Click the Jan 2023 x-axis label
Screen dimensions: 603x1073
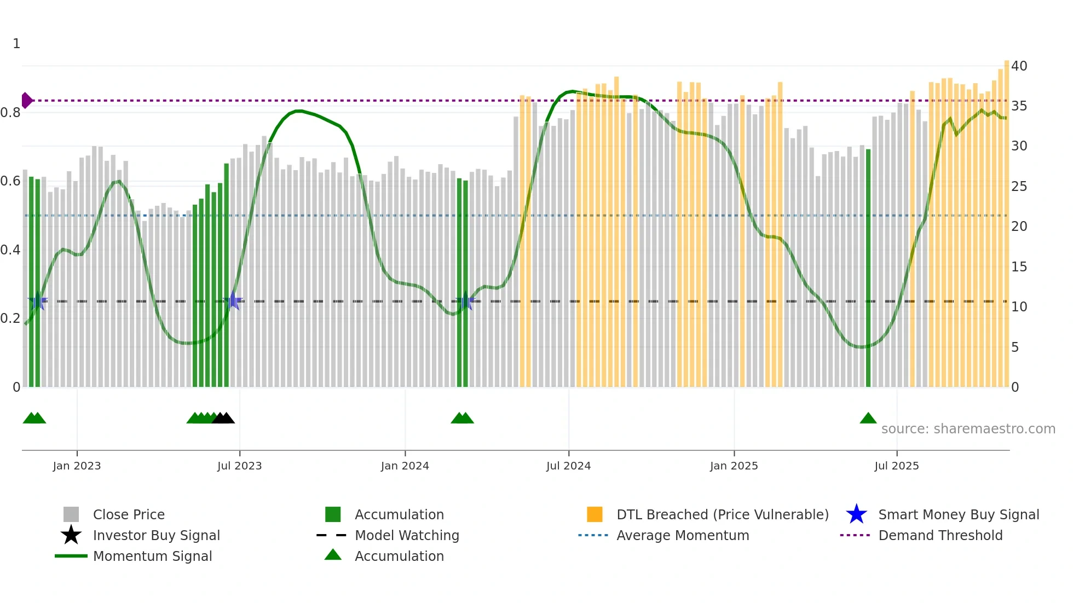[77, 466]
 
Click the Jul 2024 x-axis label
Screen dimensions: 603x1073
[568, 466]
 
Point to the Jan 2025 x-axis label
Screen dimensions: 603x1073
[734, 466]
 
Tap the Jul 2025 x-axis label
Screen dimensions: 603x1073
[896, 466]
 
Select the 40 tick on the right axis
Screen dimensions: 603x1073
[1019, 66]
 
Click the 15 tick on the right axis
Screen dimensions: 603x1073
[1019, 266]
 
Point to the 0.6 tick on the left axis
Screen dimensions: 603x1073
[10, 181]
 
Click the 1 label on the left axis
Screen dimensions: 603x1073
[16, 44]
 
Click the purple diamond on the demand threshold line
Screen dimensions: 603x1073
[26, 101]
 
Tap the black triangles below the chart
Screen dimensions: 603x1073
[223, 418]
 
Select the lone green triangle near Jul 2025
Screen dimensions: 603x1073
[868, 418]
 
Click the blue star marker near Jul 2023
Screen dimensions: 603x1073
[233, 300]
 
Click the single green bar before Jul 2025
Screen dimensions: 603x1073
[868, 268]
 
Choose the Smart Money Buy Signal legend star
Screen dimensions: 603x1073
[856, 514]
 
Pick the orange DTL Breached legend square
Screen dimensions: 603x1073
[595, 514]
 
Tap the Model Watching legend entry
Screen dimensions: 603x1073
[406, 535]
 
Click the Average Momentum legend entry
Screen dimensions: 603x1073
[682, 535]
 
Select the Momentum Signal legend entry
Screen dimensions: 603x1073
[152, 556]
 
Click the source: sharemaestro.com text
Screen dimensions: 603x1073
[968, 428]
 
